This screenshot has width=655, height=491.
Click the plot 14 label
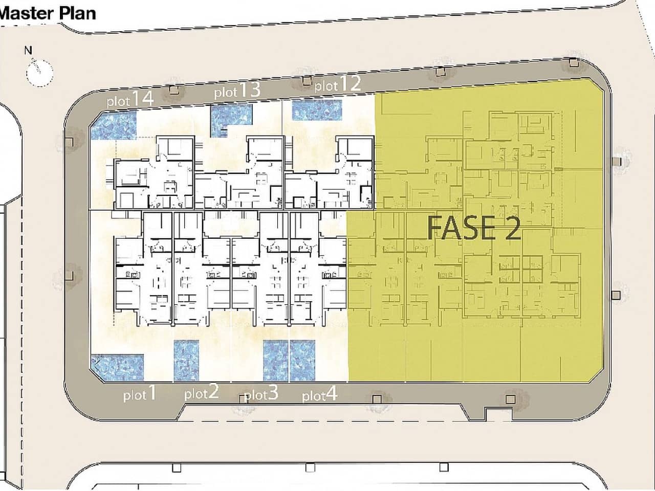[x=130, y=99]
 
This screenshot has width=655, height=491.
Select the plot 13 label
[x=237, y=91]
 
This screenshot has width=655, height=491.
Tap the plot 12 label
[x=338, y=84]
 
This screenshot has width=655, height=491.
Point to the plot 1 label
[x=140, y=393]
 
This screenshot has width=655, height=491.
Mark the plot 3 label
[x=261, y=393]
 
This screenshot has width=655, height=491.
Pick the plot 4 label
[x=320, y=394]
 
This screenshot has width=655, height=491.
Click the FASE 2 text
[x=474, y=229]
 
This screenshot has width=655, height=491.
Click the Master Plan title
[x=48, y=13]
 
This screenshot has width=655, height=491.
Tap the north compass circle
[x=40, y=73]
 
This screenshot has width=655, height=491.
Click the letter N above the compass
[x=28, y=51]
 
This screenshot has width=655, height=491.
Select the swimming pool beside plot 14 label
[x=114, y=125]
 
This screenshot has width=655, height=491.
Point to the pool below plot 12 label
[x=317, y=110]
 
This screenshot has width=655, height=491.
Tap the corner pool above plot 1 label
[x=117, y=368]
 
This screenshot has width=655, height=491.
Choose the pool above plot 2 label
[x=186, y=361]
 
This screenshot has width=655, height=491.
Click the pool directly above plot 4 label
[x=302, y=361]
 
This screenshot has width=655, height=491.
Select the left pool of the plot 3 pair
[x=276, y=361]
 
